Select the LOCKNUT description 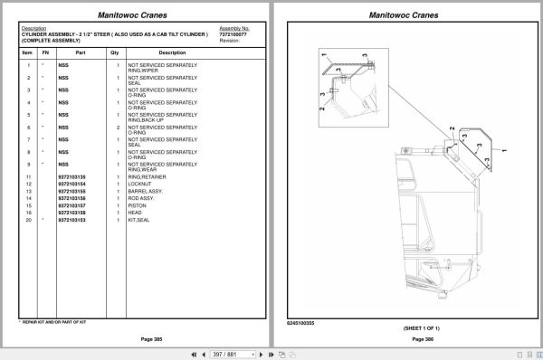[x=140, y=184]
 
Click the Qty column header [x=115, y=53]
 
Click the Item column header [x=27, y=53]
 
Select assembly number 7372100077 [x=233, y=34]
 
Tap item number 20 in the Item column [x=28, y=220]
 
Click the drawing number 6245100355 [x=300, y=322]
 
